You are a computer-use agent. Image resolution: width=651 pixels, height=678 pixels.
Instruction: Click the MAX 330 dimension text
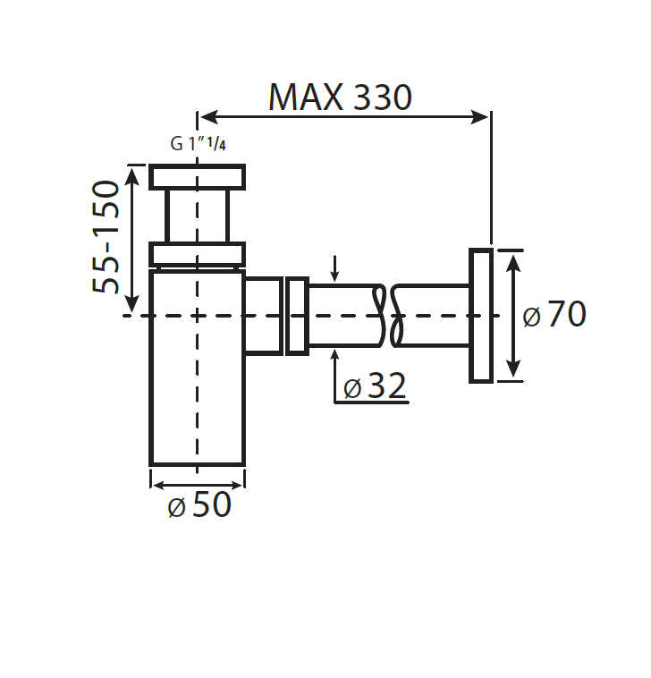[340, 97]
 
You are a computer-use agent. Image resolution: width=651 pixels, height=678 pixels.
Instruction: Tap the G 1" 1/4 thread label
[198, 144]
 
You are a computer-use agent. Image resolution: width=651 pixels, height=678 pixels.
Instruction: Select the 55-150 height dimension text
[106, 236]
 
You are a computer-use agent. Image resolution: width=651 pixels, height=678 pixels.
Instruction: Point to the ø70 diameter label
[554, 315]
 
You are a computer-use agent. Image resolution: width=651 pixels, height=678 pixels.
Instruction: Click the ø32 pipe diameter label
[375, 386]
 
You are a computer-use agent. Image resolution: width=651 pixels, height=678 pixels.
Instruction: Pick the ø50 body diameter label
[199, 505]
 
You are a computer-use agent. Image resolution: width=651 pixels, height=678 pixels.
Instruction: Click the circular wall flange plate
[481, 316]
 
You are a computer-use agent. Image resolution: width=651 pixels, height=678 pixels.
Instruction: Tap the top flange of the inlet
[197, 176]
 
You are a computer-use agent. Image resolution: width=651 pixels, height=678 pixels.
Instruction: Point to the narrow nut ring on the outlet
[297, 316]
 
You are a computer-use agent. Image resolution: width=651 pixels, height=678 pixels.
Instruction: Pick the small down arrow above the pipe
[334, 273]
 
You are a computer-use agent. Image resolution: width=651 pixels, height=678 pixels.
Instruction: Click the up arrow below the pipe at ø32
[334, 356]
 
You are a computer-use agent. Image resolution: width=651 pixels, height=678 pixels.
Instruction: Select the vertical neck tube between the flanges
[197, 216]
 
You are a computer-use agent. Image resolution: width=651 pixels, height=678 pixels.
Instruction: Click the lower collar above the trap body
[197, 255]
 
